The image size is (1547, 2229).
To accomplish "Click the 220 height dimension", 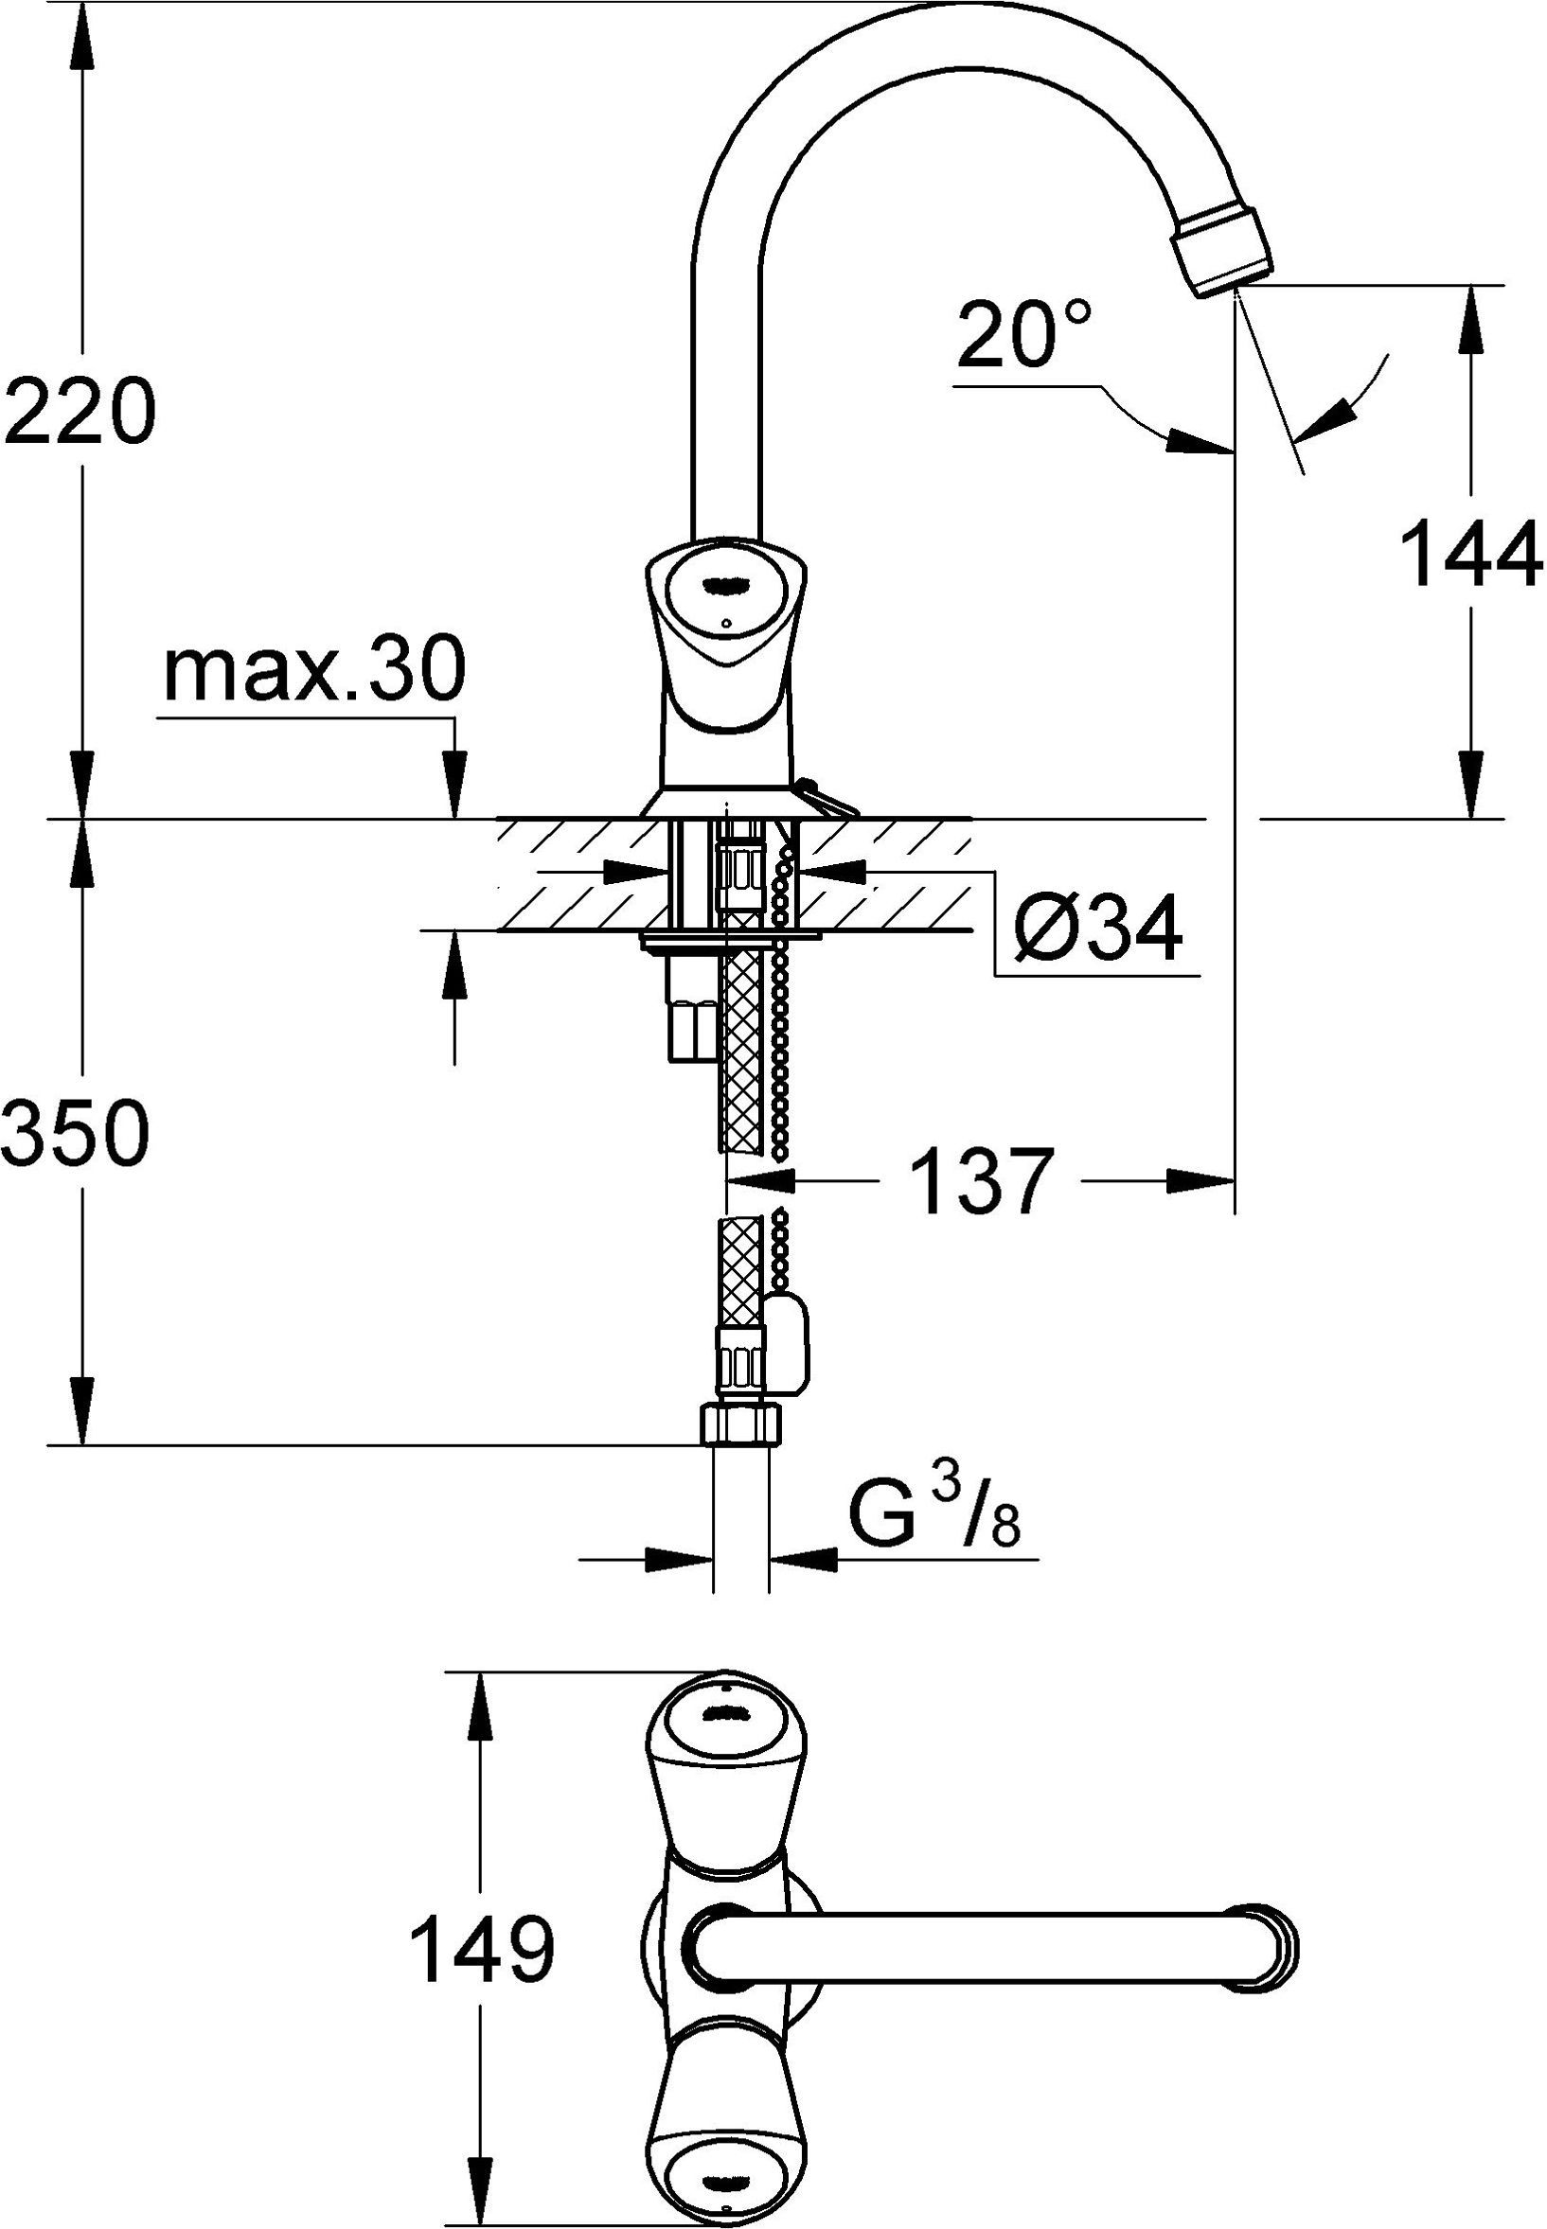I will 80,409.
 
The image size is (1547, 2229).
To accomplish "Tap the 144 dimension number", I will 1470,553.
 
